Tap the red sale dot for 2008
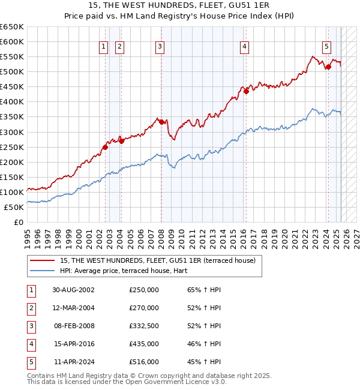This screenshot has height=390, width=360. click(161, 122)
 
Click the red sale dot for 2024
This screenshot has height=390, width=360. click(328, 67)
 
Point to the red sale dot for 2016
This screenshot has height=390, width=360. click(246, 91)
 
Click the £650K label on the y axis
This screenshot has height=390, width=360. click(12, 27)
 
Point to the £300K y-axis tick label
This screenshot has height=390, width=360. click(12, 132)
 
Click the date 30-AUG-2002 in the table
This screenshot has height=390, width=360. click(73, 290)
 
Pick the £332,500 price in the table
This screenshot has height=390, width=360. click(144, 326)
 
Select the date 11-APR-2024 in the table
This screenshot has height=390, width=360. click(73, 362)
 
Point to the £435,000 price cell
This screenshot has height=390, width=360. click(144, 344)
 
